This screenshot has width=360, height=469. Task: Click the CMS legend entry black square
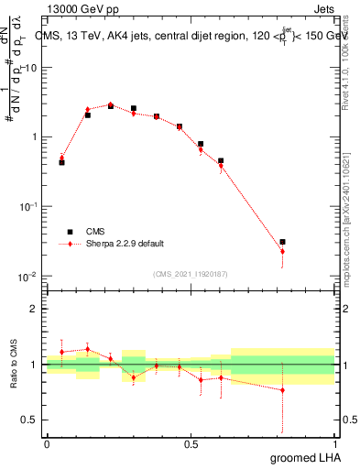click(65, 233)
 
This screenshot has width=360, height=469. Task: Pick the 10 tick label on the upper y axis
click(30, 68)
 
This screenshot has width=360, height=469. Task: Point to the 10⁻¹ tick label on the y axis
click(27, 207)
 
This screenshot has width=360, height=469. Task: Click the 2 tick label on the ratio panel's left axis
click(35, 309)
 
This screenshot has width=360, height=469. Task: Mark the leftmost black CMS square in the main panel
click(61, 162)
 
